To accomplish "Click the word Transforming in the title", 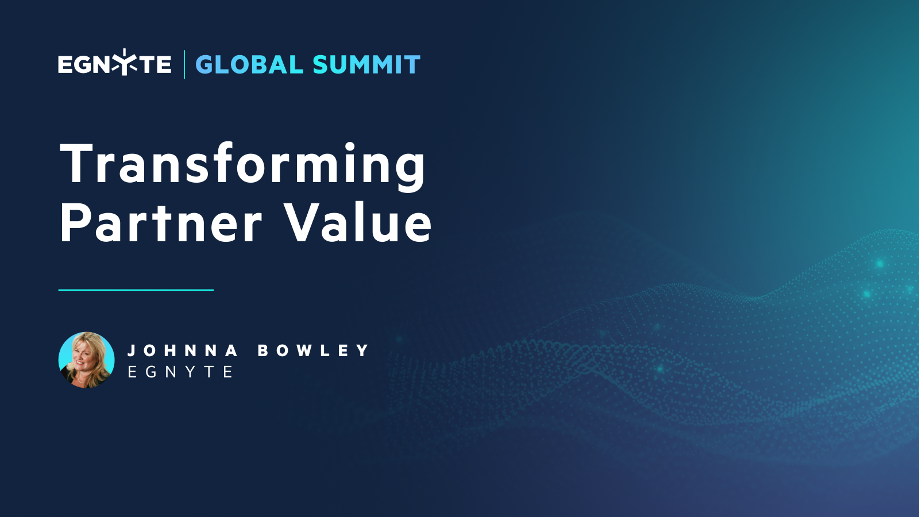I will click(x=242, y=165).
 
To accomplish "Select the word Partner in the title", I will click(x=161, y=223).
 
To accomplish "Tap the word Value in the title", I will click(x=358, y=223).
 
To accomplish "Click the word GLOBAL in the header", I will click(x=249, y=65).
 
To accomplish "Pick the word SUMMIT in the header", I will click(x=366, y=65).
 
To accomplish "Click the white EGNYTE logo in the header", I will click(x=114, y=64).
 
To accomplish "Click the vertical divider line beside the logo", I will click(x=184, y=64).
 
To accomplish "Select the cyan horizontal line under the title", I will click(x=136, y=290).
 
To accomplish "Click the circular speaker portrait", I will click(x=87, y=360).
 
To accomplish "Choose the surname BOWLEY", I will click(x=313, y=350).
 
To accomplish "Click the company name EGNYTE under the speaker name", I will click(x=180, y=372).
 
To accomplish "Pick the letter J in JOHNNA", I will click(x=132, y=350).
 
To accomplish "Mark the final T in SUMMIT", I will click(x=412, y=65).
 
